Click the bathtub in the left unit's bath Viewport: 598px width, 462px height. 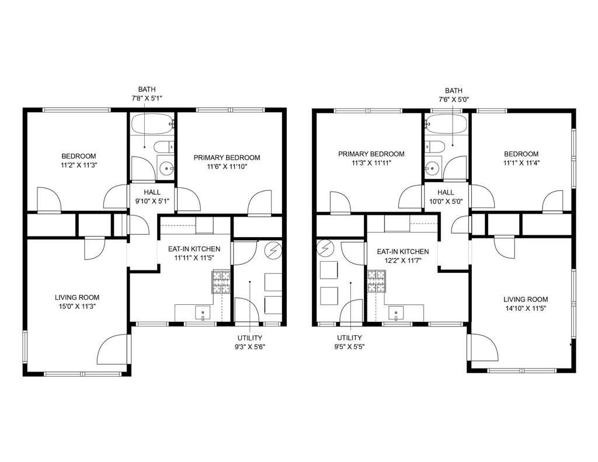click(x=152, y=123)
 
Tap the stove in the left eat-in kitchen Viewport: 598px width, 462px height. click(x=221, y=282)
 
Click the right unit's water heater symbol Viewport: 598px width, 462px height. click(x=324, y=250)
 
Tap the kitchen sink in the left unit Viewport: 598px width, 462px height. click(x=203, y=313)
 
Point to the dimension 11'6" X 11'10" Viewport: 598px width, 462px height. click(x=227, y=168)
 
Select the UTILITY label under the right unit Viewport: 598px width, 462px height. click(x=349, y=338)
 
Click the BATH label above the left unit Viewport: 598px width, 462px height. click(x=147, y=90)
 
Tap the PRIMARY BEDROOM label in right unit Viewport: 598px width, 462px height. click(x=371, y=154)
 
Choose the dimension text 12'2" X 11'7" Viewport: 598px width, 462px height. click(x=403, y=262)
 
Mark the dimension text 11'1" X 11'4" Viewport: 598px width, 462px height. click(x=521, y=164)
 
